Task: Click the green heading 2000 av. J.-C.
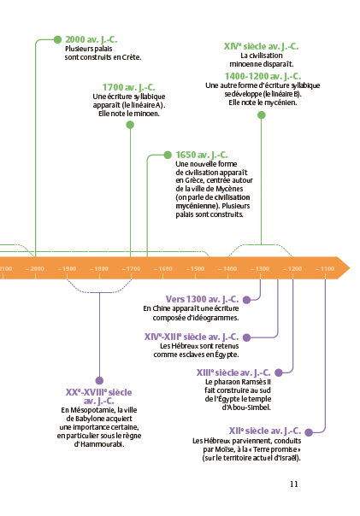coord(91,39)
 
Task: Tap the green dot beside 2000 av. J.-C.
coord(57,39)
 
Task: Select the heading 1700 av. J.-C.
coord(128,87)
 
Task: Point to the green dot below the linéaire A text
coord(130,125)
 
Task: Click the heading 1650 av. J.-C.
coord(202,155)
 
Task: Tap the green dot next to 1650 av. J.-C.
coord(168,155)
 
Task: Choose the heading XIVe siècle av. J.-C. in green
coord(261,46)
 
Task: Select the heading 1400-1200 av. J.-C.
coord(263,76)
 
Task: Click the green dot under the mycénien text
coord(261,114)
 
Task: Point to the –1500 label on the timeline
coord(196,269)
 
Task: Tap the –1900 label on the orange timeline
coord(68,269)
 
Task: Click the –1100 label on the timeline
coord(325,269)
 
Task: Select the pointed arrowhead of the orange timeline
coord(350,268)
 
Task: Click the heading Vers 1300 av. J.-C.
coord(202,299)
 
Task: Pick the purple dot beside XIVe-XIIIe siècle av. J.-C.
coord(246,337)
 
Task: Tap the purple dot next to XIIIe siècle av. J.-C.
coord(279,372)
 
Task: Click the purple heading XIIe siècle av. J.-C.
coord(265,431)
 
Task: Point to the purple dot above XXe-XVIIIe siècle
coord(99,381)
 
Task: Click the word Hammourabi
coord(102,444)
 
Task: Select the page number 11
coord(294,484)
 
